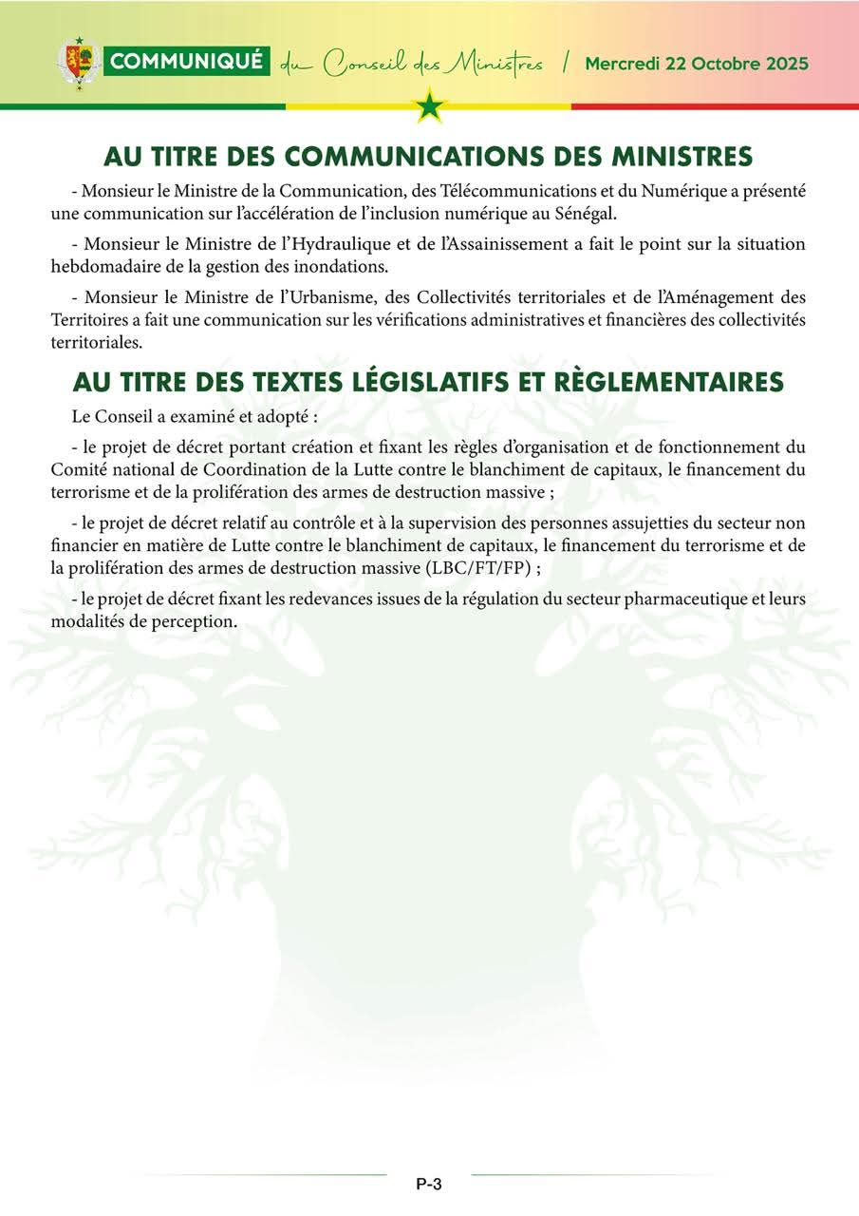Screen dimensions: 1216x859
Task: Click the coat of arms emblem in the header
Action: pos(78,63)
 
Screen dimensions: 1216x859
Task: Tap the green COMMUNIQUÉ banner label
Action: pos(188,63)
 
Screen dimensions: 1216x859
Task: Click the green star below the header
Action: pos(430,105)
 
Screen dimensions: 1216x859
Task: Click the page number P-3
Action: pos(429,1184)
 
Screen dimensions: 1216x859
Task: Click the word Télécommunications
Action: pos(501,190)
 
